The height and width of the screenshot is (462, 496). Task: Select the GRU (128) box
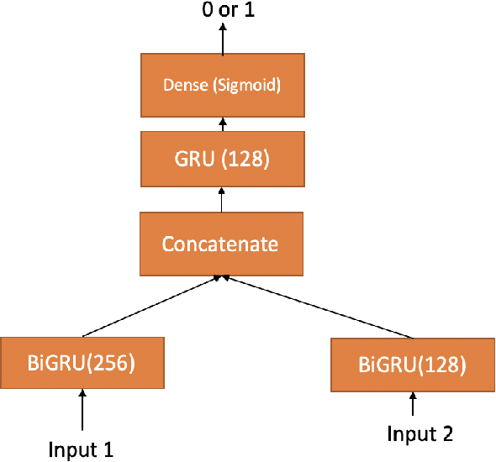tap(223, 159)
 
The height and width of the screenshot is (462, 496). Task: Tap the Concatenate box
tap(219, 244)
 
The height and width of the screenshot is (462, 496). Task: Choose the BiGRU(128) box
tap(412, 365)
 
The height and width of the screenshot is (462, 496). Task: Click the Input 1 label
tap(82, 449)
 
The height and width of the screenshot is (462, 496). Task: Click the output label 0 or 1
tap(223, 12)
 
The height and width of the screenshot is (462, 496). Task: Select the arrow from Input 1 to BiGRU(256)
tap(82, 409)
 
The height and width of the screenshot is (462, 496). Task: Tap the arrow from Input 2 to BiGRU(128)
tap(413, 405)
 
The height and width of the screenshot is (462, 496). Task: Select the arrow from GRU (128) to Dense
tap(223, 123)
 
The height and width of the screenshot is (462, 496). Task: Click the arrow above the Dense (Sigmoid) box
tap(223, 40)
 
